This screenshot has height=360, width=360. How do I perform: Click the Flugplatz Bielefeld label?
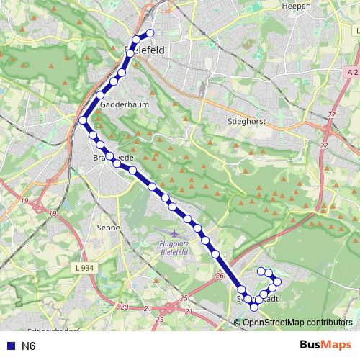pyautogui.click(x=176, y=248)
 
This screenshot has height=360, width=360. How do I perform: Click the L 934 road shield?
pyautogui.click(x=84, y=268)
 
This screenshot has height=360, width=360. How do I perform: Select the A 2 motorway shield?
pyautogui.click(x=351, y=73)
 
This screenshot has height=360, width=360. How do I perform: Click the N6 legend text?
pyautogui.click(x=29, y=346)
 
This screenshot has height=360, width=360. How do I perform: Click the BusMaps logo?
pyautogui.click(x=320, y=346)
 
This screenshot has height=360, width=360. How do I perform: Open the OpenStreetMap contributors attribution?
pyautogui.click(x=297, y=322)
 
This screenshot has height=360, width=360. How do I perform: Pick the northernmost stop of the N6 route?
pyautogui.click(x=150, y=33)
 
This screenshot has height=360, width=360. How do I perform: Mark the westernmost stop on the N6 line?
pyautogui.click(x=84, y=120)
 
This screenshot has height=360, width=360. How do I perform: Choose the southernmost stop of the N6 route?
pyautogui.click(x=253, y=307)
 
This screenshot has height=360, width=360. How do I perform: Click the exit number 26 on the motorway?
pyautogui.click(x=220, y=275)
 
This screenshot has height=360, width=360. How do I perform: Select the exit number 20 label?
pyautogui.click(x=124, y=307)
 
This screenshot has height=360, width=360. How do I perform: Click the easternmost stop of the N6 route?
pyautogui.click(x=277, y=282)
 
